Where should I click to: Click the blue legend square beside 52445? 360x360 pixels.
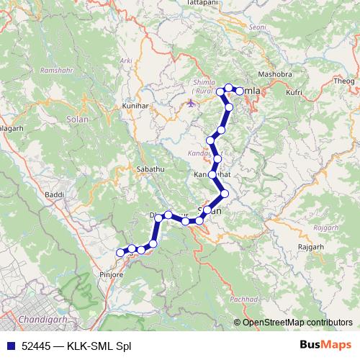[x=9, y=346]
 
